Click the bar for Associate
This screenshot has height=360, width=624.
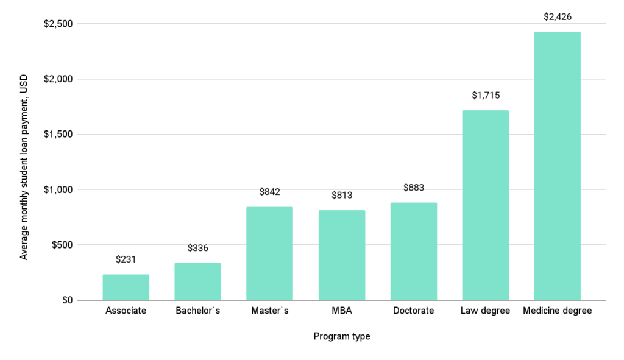126,287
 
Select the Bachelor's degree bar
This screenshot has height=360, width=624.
197,281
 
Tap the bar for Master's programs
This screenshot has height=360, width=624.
269,253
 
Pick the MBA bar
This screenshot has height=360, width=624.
341,255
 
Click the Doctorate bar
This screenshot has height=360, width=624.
413,251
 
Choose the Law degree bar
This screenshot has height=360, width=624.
485,205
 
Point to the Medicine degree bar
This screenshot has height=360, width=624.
557,166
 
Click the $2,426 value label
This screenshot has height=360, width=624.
557,16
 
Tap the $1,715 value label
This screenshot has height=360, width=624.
485,95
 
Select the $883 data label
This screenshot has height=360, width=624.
413,187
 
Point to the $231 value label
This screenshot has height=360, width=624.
126,259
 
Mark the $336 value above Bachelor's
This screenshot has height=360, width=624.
197,248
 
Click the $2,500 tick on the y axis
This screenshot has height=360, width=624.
57,24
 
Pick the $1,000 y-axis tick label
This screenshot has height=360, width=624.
57,189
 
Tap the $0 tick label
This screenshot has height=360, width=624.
66,300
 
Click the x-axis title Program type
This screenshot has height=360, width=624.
341,336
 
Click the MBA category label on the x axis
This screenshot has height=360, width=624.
341,311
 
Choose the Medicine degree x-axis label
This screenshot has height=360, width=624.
557,311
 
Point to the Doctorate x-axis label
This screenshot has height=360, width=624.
413,311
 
